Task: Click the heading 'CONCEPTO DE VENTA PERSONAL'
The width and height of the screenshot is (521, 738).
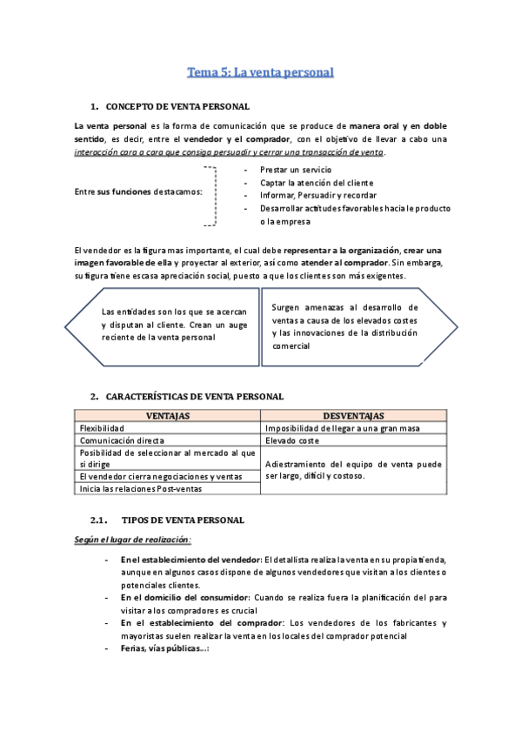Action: [x=177, y=106]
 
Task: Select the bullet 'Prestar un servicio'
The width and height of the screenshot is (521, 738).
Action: [x=295, y=169]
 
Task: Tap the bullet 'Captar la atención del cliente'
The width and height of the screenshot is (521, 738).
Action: [x=317, y=182]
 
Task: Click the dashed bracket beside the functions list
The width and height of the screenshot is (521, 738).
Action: [x=211, y=195]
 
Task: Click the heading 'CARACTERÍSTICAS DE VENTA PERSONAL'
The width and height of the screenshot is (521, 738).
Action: [x=194, y=396]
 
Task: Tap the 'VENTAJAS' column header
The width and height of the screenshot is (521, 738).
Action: [x=168, y=416]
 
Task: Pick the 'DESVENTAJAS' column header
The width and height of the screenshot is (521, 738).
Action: [x=353, y=416]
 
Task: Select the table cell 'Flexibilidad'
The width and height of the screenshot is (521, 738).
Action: [x=102, y=428]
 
